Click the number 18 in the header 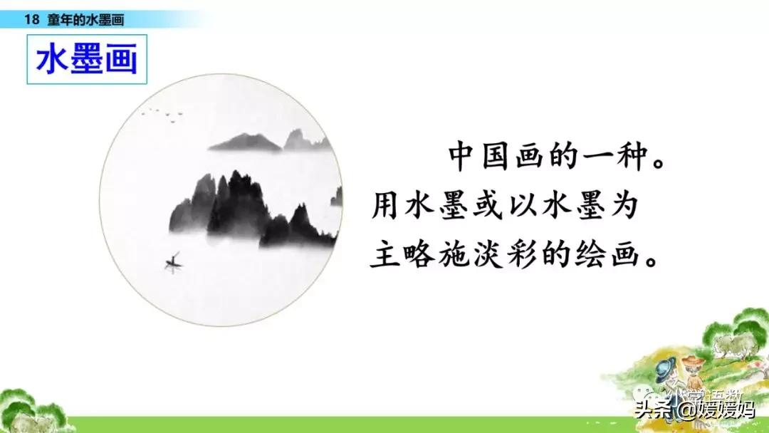coord(31,20)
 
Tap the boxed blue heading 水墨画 coord(86,59)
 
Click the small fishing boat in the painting coord(173,264)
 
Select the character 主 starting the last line coord(387,254)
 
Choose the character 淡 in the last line coord(503,254)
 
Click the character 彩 coord(543,254)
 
